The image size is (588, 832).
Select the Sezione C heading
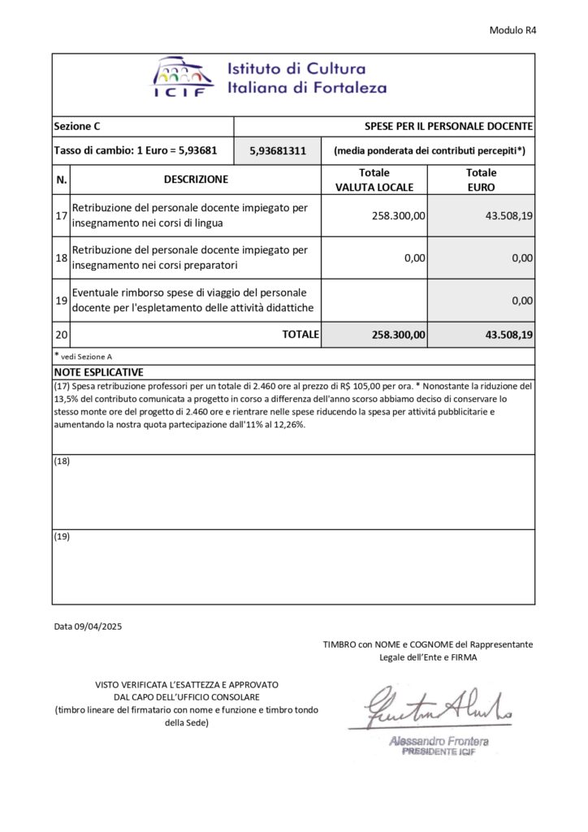point(77,127)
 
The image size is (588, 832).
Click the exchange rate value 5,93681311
point(278,151)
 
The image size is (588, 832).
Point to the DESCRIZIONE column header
point(196,180)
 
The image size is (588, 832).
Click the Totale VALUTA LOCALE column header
point(374,180)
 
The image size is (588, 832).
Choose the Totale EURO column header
point(481,180)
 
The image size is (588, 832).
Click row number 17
point(61,216)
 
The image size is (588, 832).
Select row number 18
point(61,258)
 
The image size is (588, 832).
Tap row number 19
point(61,300)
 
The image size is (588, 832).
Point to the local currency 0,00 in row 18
point(415,258)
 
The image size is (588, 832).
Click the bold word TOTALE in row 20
point(300,334)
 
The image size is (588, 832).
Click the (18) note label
point(62,461)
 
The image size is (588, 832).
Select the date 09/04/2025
point(97,626)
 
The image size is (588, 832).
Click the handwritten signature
point(439,709)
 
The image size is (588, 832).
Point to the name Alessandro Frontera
point(439,741)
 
